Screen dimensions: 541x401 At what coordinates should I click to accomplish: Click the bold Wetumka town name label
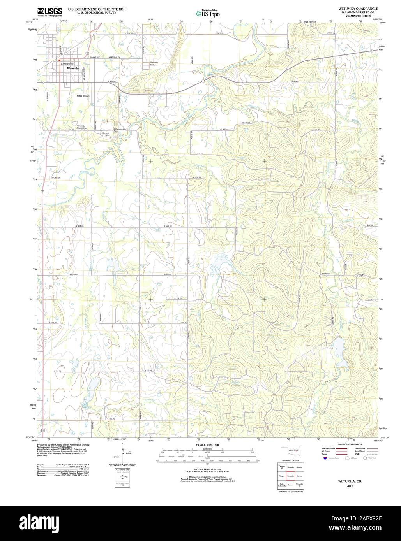click(x=73, y=68)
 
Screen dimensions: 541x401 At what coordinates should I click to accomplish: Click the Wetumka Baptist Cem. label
click(x=81, y=127)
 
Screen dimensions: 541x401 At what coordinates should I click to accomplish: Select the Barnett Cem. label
click(x=105, y=133)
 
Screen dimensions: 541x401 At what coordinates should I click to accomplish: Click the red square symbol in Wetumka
click(x=58, y=61)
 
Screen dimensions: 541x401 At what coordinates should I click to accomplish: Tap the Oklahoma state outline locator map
click(x=290, y=451)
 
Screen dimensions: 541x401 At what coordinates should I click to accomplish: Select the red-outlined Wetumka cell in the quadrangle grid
click(x=290, y=476)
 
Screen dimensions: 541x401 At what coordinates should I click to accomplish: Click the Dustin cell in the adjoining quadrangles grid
click(x=299, y=467)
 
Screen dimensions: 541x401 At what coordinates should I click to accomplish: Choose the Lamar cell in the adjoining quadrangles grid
click(x=290, y=485)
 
